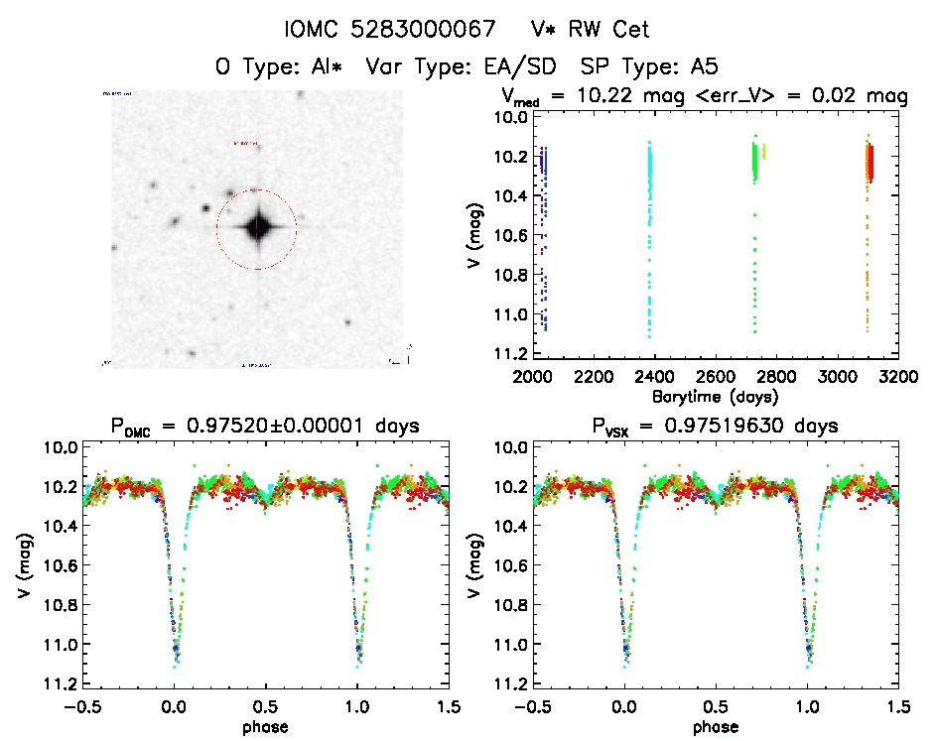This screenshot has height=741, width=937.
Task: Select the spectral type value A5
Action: pos(703,67)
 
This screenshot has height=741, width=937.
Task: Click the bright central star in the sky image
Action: pos(257,227)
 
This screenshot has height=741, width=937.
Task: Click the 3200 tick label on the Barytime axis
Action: pos(898,377)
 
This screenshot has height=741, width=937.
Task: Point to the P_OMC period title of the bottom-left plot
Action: pos(265,427)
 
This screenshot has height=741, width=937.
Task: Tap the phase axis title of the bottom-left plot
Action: pos(265,726)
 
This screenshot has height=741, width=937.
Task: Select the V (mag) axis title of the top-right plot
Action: pos(477,236)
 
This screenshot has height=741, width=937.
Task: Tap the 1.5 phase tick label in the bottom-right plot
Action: pos(897,706)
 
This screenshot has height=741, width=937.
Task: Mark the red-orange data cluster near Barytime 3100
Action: pos(870,163)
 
